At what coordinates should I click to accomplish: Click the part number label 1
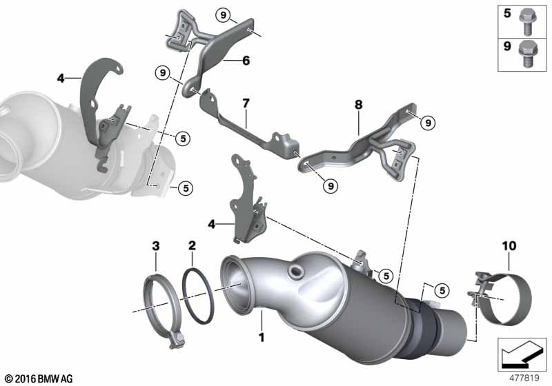pyautogui.click(x=262, y=338)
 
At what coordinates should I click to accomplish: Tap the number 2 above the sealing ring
pyautogui.click(x=192, y=245)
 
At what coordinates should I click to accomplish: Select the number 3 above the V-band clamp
pyautogui.click(x=156, y=246)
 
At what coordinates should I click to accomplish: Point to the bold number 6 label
pyautogui.click(x=246, y=61)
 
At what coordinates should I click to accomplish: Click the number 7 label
pyautogui.click(x=246, y=103)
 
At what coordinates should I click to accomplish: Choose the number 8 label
pyautogui.click(x=358, y=104)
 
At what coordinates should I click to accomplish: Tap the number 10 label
pyautogui.click(x=509, y=246)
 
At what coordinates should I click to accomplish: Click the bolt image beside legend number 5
pyautogui.click(x=527, y=23)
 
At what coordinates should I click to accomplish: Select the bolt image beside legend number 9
pyautogui.click(x=527, y=54)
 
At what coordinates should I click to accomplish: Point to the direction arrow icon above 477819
pyautogui.click(x=522, y=354)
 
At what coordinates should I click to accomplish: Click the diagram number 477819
pyautogui.click(x=524, y=378)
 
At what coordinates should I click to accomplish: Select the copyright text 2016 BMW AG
pyautogui.click(x=39, y=378)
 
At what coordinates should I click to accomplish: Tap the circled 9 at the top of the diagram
pyautogui.click(x=223, y=14)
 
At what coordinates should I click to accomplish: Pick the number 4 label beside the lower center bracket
pyautogui.click(x=211, y=223)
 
